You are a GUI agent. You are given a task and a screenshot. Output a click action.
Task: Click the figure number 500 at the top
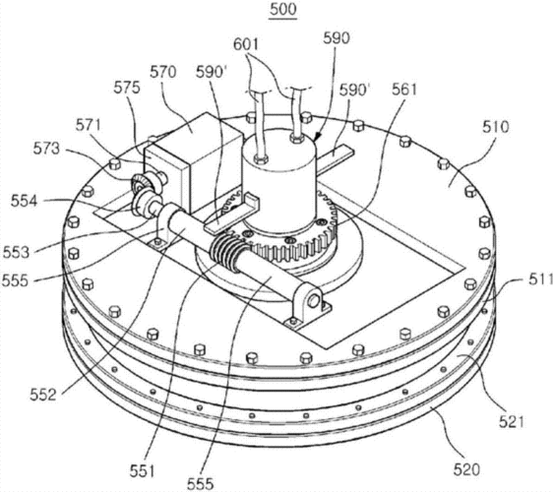[282, 10]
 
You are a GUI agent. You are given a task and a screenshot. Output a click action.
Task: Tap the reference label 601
[246, 44]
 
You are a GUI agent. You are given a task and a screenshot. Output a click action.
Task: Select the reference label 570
[163, 72]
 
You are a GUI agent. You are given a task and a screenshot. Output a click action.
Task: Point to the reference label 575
[127, 88]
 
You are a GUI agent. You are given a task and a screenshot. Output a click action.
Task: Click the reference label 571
[89, 125]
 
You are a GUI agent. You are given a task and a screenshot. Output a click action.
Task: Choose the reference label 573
[46, 149]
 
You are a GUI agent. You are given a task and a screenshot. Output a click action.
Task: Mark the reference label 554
[24, 202]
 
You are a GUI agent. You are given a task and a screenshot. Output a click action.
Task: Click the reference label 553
[17, 253]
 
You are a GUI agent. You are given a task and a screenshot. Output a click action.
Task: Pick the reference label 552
[43, 395]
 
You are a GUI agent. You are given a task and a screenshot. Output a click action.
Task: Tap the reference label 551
[142, 471]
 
